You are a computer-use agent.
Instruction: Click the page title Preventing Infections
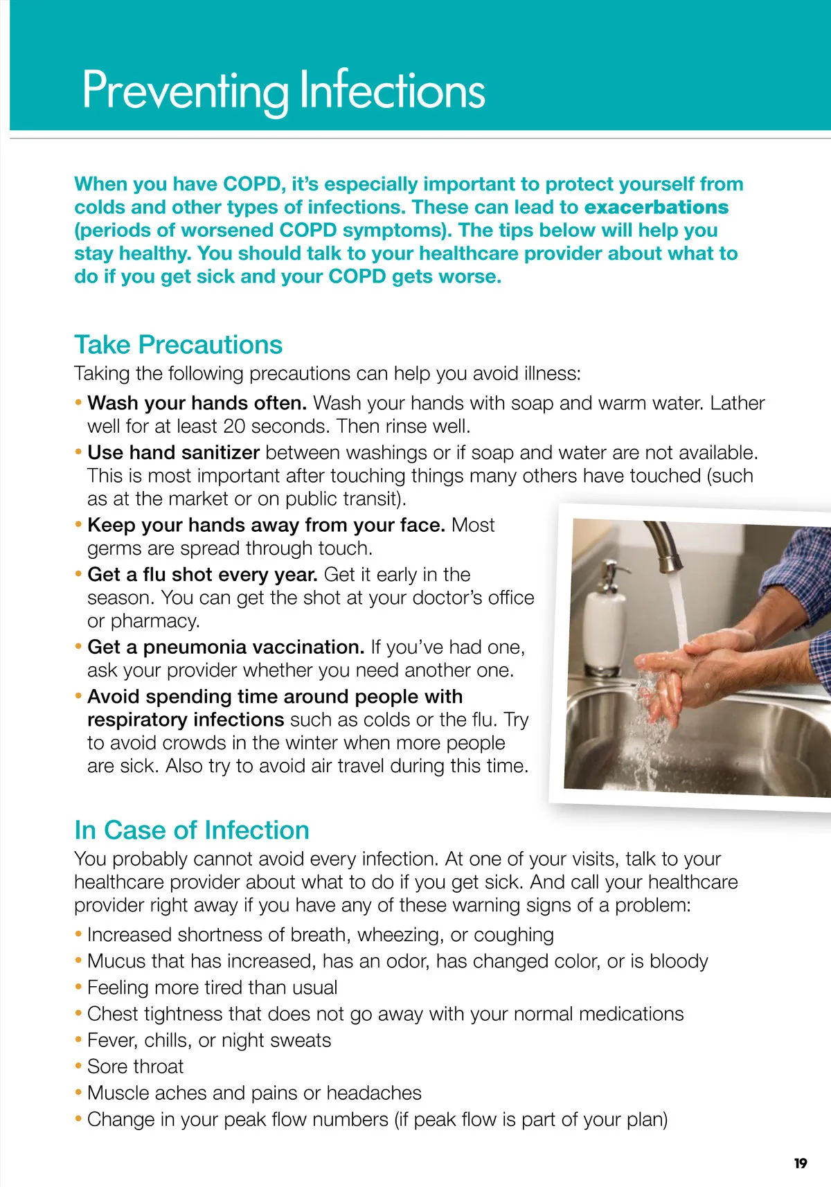click(x=283, y=90)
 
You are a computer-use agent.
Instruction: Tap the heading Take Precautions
click(x=178, y=345)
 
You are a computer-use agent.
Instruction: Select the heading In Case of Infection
click(x=191, y=830)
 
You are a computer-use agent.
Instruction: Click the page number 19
click(x=801, y=1163)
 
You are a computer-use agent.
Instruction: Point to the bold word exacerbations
click(x=656, y=207)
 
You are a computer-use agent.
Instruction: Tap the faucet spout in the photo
click(x=661, y=547)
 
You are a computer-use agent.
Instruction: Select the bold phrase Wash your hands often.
click(x=197, y=403)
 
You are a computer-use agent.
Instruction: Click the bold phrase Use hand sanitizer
click(x=173, y=453)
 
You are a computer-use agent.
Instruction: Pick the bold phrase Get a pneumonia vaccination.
click(x=226, y=648)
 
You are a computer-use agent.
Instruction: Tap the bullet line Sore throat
click(x=135, y=1066)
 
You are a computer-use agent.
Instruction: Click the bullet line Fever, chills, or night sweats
click(x=208, y=1040)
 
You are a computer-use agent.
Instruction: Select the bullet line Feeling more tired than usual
click(x=212, y=988)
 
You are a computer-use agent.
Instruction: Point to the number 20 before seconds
click(x=234, y=427)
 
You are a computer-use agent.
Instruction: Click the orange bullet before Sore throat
click(x=78, y=1066)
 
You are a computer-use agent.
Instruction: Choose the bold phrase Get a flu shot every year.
click(x=202, y=575)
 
